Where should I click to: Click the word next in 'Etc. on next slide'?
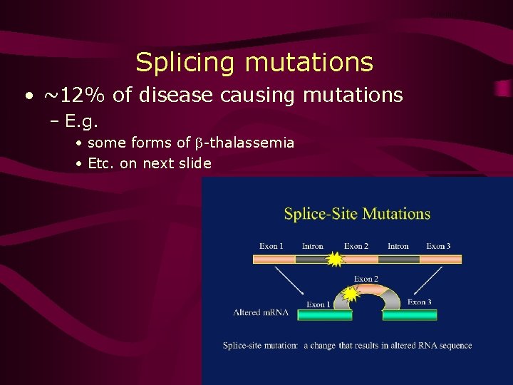(158, 163)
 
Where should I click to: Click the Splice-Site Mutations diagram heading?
(357, 214)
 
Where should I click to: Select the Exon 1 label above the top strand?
(271, 247)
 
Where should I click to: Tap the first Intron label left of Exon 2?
(313, 247)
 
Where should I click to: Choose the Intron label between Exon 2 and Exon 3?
(398, 247)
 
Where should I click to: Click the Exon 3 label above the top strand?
(438, 247)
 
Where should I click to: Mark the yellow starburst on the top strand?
(333, 259)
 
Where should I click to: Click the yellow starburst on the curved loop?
(351, 292)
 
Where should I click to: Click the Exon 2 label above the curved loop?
(366, 279)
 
